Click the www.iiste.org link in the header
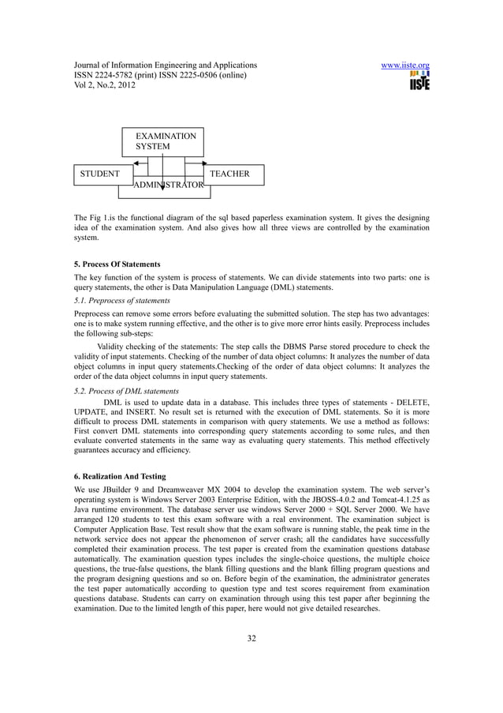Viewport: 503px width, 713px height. [404, 64]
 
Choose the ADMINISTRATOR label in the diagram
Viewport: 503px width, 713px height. [169, 186]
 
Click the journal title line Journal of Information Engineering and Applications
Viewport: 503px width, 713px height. [165, 64]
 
